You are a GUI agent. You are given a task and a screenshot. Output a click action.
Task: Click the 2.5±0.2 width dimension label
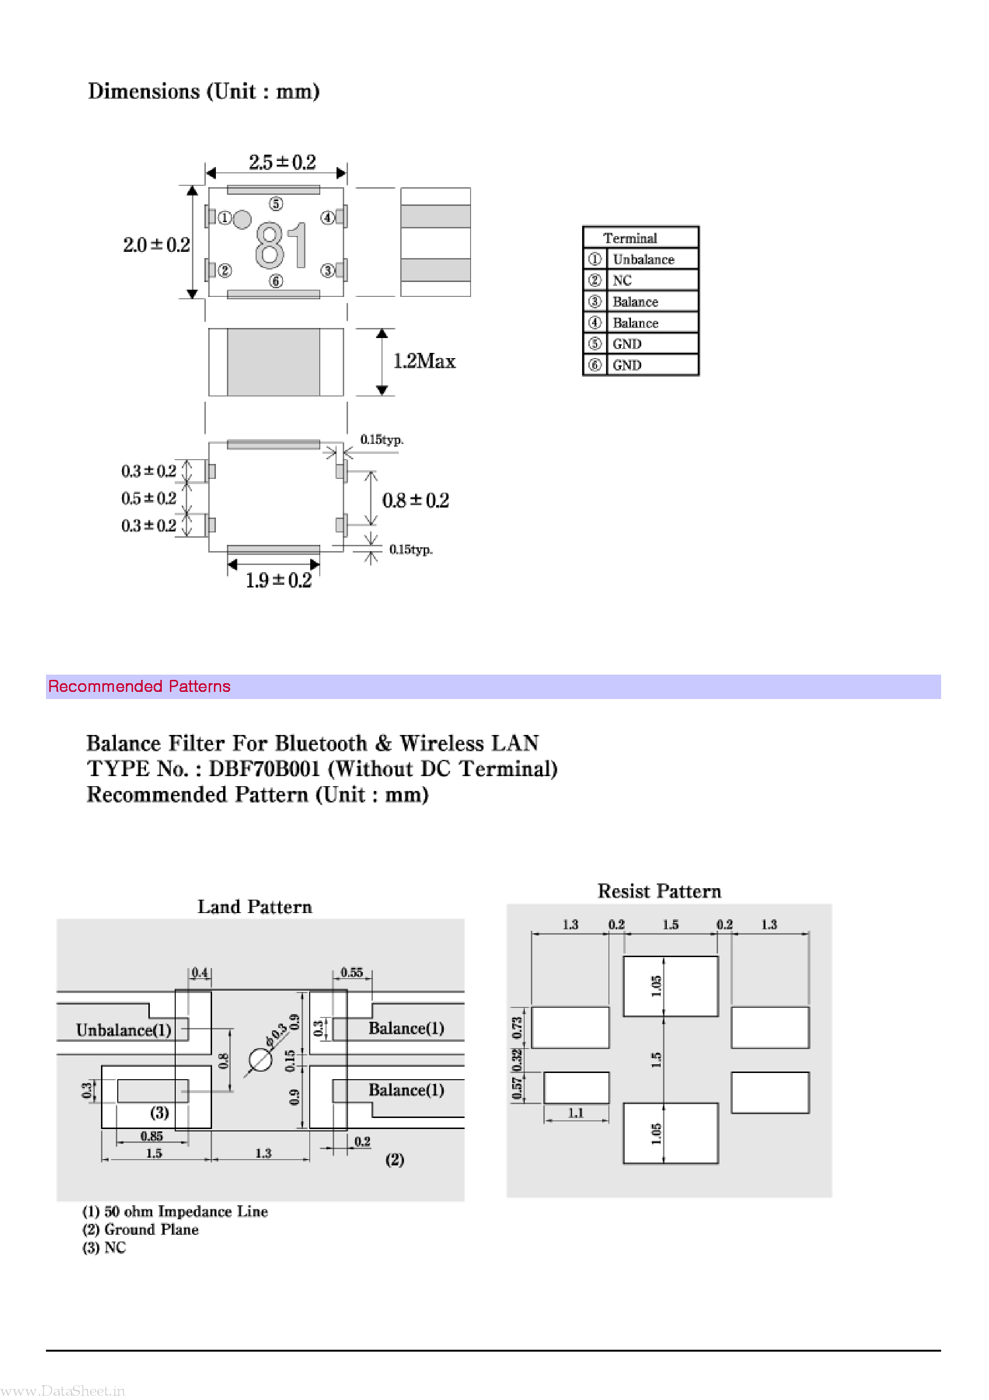click(281, 162)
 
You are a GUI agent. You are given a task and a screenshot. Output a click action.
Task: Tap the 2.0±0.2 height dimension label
click(156, 245)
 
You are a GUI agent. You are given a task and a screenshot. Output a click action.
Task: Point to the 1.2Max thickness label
click(424, 361)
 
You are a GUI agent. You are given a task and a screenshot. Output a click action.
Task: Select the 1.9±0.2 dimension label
click(278, 580)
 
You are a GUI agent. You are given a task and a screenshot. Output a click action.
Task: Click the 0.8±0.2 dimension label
click(415, 501)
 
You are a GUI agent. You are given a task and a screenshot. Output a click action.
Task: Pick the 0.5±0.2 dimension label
click(148, 498)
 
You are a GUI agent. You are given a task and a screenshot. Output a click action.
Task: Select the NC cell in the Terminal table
click(622, 281)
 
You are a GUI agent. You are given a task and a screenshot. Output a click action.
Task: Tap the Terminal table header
click(630, 238)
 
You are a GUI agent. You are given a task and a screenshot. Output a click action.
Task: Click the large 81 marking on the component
click(281, 245)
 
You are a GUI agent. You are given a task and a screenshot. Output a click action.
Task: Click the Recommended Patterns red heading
click(139, 686)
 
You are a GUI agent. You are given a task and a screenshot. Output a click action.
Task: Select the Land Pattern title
click(254, 907)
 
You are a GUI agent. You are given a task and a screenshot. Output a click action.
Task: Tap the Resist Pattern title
click(659, 891)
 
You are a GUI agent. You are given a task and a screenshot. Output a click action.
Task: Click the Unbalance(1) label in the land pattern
click(123, 1030)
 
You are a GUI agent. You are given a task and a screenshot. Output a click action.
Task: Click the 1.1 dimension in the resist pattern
click(575, 1113)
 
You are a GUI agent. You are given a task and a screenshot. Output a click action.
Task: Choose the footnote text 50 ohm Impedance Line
click(185, 1211)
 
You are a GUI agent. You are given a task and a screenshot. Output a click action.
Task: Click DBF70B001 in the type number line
click(264, 769)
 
